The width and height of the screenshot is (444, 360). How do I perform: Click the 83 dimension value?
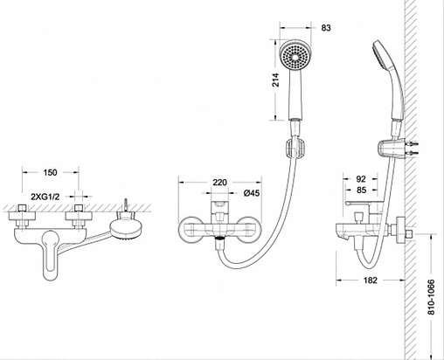pos(326,28)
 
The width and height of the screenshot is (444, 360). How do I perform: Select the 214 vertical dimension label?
pos(275,80)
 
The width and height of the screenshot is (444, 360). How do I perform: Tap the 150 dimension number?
pos(50,172)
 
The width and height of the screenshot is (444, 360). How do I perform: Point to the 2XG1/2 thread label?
pos(45,197)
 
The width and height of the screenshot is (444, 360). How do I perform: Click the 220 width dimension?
pos(219,183)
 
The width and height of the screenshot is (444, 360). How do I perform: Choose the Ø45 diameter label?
pos(252,193)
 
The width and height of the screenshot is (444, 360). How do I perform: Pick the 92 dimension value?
pos(361,179)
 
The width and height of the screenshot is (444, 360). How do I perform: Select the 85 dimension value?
pos(361,190)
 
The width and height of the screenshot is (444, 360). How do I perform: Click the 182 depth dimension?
pos(371,280)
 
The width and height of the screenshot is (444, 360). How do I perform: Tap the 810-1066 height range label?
pos(431,297)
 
